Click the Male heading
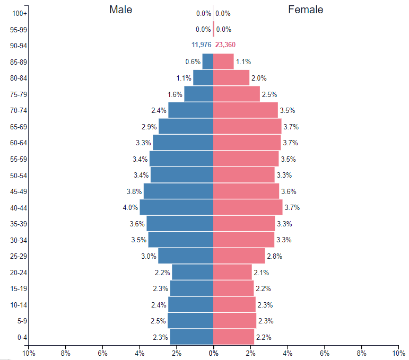[x=121, y=10]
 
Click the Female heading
[x=306, y=10]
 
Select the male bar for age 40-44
[x=176, y=207]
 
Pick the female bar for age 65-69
[x=247, y=126]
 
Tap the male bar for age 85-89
[x=207, y=62]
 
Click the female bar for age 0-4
[x=233, y=337]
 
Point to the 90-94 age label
[x=19, y=46]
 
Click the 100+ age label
[x=20, y=13]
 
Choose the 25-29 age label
[x=19, y=256]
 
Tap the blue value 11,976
[x=202, y=45]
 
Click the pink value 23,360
[x=225, y=45]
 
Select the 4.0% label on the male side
[x=130, y=207]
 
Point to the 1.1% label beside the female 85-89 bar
[x=243, y=62]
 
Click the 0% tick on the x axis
[x=213, y=353]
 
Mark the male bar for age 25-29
[x=186, y=256]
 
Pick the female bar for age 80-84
[x=231, y=78]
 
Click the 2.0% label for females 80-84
[x=259, y=78]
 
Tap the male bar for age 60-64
[x=183, y=143]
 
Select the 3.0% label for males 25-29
[x=149, y=256]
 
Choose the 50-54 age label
[x=19, y=175]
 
